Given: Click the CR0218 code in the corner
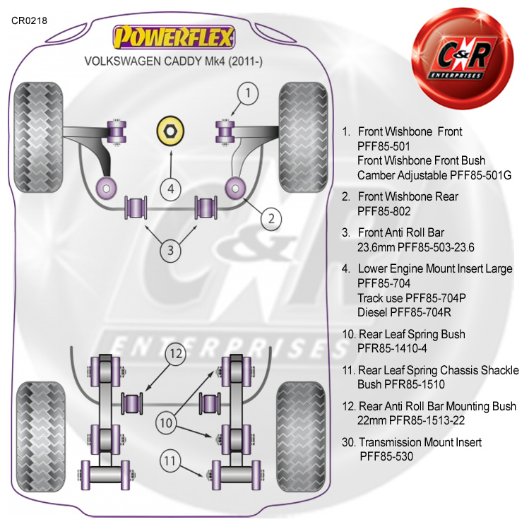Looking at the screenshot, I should pos(29,20).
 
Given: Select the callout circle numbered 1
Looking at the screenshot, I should pos(247,92).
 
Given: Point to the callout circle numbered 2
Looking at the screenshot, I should pos(271,218).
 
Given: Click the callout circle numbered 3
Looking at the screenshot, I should pos(170,249).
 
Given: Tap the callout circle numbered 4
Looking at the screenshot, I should pos(170,189).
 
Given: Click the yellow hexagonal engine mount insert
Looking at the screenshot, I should pos(170,131).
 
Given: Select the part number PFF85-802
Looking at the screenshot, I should pos(384,210).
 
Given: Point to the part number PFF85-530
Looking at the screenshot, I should pos(386,456).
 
